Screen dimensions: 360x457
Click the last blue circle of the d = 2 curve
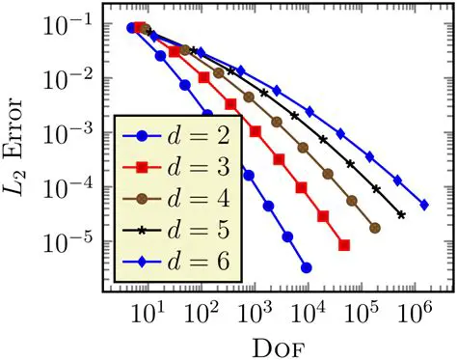(x=306, y=267)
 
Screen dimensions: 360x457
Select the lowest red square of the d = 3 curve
(x=344, y=247)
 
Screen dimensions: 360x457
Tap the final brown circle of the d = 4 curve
(x=375, y=228)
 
